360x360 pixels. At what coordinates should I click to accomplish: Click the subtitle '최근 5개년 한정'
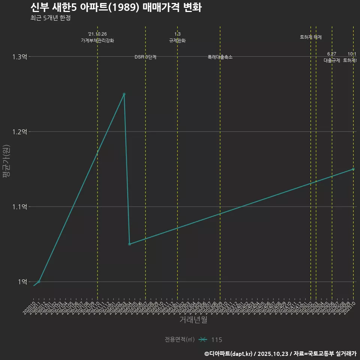[50, 18]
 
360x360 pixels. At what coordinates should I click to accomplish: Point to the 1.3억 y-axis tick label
[19, 57]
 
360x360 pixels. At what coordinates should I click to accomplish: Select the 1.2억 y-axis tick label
[19, 132]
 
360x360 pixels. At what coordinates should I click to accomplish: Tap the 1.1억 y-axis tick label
[19, 207]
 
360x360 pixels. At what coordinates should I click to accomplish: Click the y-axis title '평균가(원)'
[6, 161]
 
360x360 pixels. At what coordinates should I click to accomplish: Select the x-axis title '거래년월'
[193, 320]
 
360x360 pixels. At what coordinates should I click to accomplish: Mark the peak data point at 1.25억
[124, 94]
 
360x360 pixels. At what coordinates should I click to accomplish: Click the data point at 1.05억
[129, 244]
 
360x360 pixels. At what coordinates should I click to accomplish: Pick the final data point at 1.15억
[353, 169]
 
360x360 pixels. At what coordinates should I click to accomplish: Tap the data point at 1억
[39, 281]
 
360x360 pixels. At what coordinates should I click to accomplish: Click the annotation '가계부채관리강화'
[97, 40]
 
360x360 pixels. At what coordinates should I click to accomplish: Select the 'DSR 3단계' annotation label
[145, 57]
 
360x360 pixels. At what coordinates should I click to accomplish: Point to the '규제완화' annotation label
[177, 40]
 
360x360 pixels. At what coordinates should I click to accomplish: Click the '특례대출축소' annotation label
[220, 57]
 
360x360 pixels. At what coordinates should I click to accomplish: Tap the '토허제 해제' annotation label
[311, 37]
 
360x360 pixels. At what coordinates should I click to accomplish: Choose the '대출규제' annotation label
[332, 60]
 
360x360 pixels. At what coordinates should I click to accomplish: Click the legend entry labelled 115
[216, 340]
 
